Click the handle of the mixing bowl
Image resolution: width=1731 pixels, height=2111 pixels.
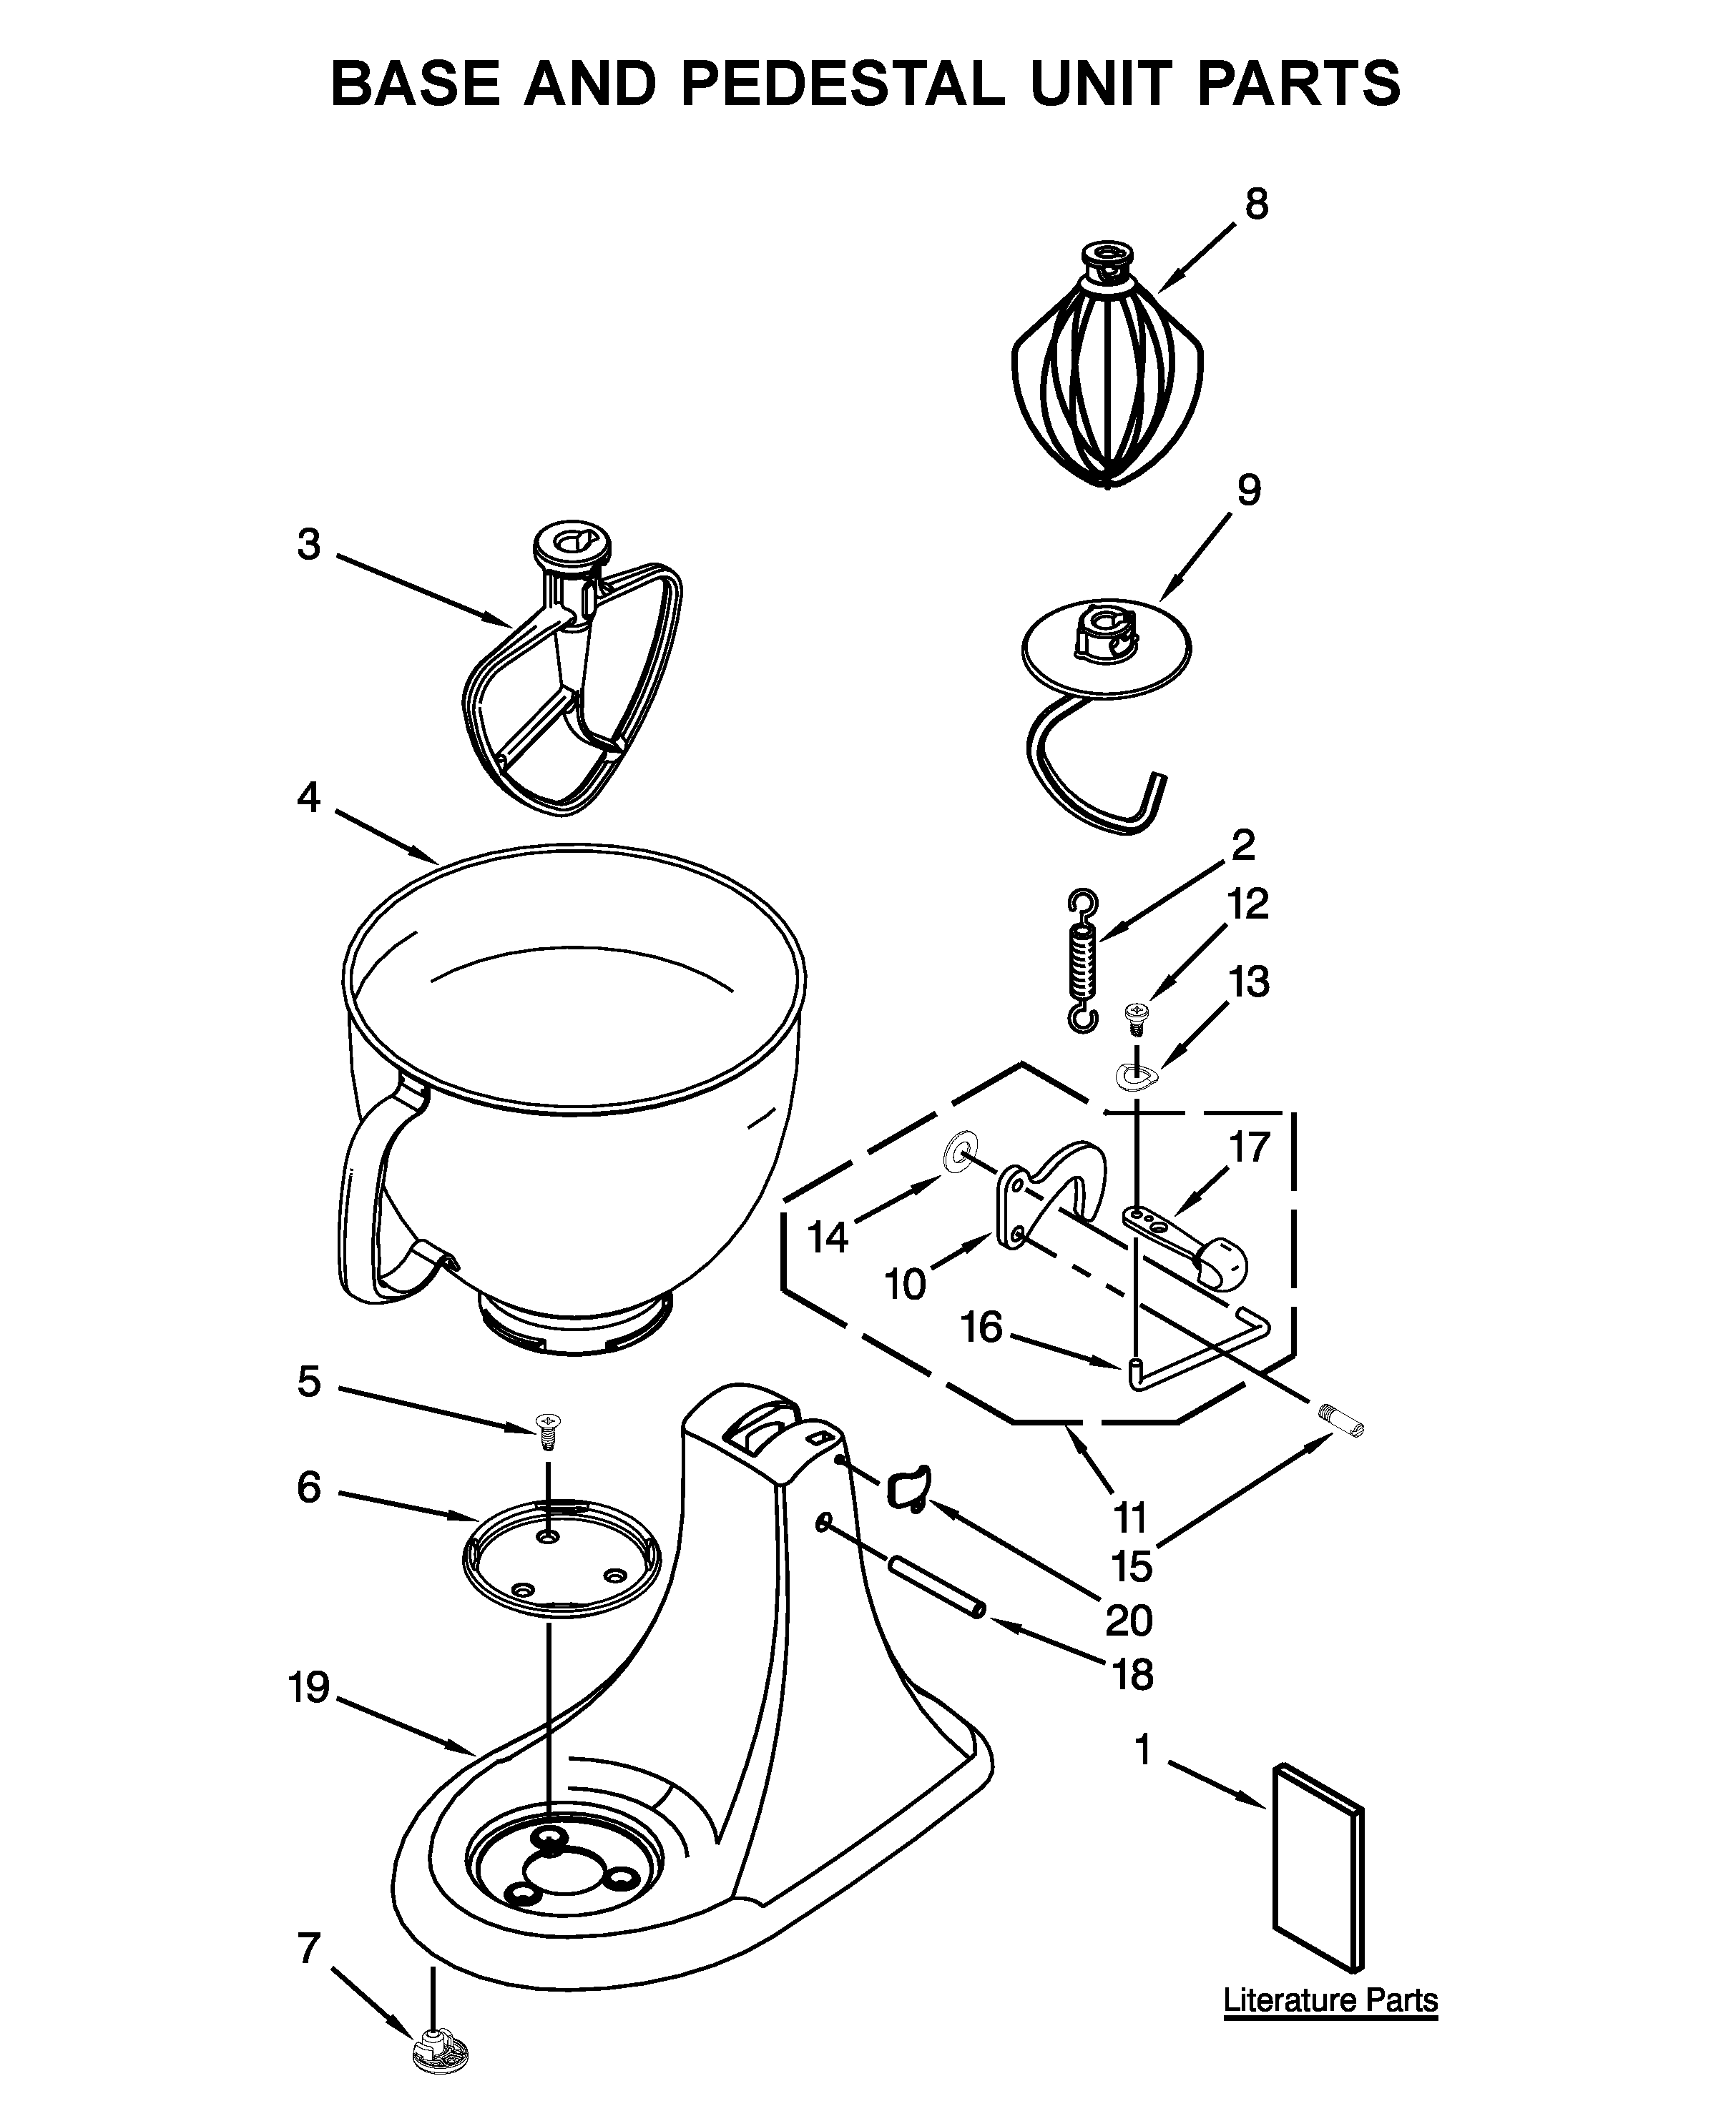click(x=369, y=1196)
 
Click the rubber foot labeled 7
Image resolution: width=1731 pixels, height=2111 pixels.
click(x=438, y=2047)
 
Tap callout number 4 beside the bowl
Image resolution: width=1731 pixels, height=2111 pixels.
click(x=309, y=796)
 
